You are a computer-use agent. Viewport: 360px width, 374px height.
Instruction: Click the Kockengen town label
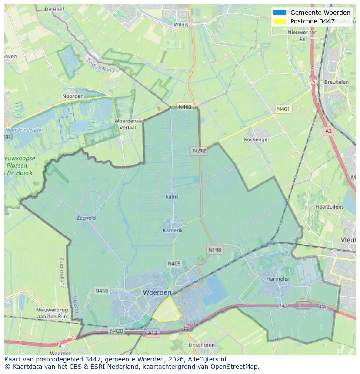point(257,139)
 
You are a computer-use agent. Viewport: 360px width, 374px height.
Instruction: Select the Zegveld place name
point(86,218)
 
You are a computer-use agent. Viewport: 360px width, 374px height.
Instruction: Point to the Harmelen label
point(278,278)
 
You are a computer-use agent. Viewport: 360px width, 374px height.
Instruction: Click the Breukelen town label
point(337,82)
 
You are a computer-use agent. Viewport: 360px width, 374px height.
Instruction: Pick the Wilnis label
point(181,25)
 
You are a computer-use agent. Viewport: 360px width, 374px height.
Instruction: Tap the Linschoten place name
point(201,345)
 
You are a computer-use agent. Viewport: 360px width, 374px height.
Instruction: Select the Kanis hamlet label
point(172,197)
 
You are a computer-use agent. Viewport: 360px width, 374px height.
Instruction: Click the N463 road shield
point(184,106)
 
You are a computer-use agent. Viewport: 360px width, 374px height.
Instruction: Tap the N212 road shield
point(199,151)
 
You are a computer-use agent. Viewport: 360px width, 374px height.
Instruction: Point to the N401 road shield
point(283,109)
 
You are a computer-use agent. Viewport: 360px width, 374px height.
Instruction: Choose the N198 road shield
point(214,250)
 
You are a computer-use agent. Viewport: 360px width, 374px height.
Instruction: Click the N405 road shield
point(173,263)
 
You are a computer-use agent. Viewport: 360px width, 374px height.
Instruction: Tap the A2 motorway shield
point(328,131)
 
